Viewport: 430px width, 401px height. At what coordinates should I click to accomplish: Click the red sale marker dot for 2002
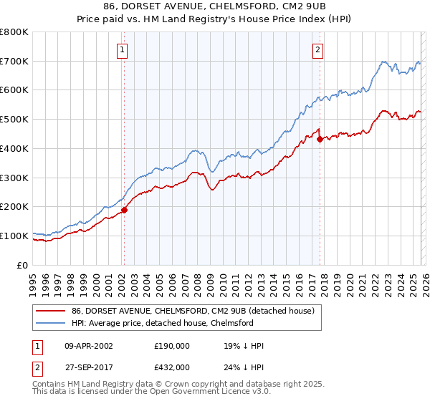click(x=124, y=210)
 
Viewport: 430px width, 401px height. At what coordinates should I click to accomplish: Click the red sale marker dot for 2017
click(x=320, y=140)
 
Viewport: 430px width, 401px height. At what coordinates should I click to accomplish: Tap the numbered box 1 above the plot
click(x=123, y=50)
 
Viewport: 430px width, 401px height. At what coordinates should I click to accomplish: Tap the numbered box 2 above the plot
click(x=317, y=50)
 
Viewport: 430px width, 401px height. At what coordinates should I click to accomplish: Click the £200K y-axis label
click(x=14, y=207)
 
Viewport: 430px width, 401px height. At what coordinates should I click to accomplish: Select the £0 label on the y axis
click(x=23, y=265)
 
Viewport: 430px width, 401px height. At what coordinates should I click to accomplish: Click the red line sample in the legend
click(x=51, y=311)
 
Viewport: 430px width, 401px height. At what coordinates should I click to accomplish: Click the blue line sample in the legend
click(x=51, y=323)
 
